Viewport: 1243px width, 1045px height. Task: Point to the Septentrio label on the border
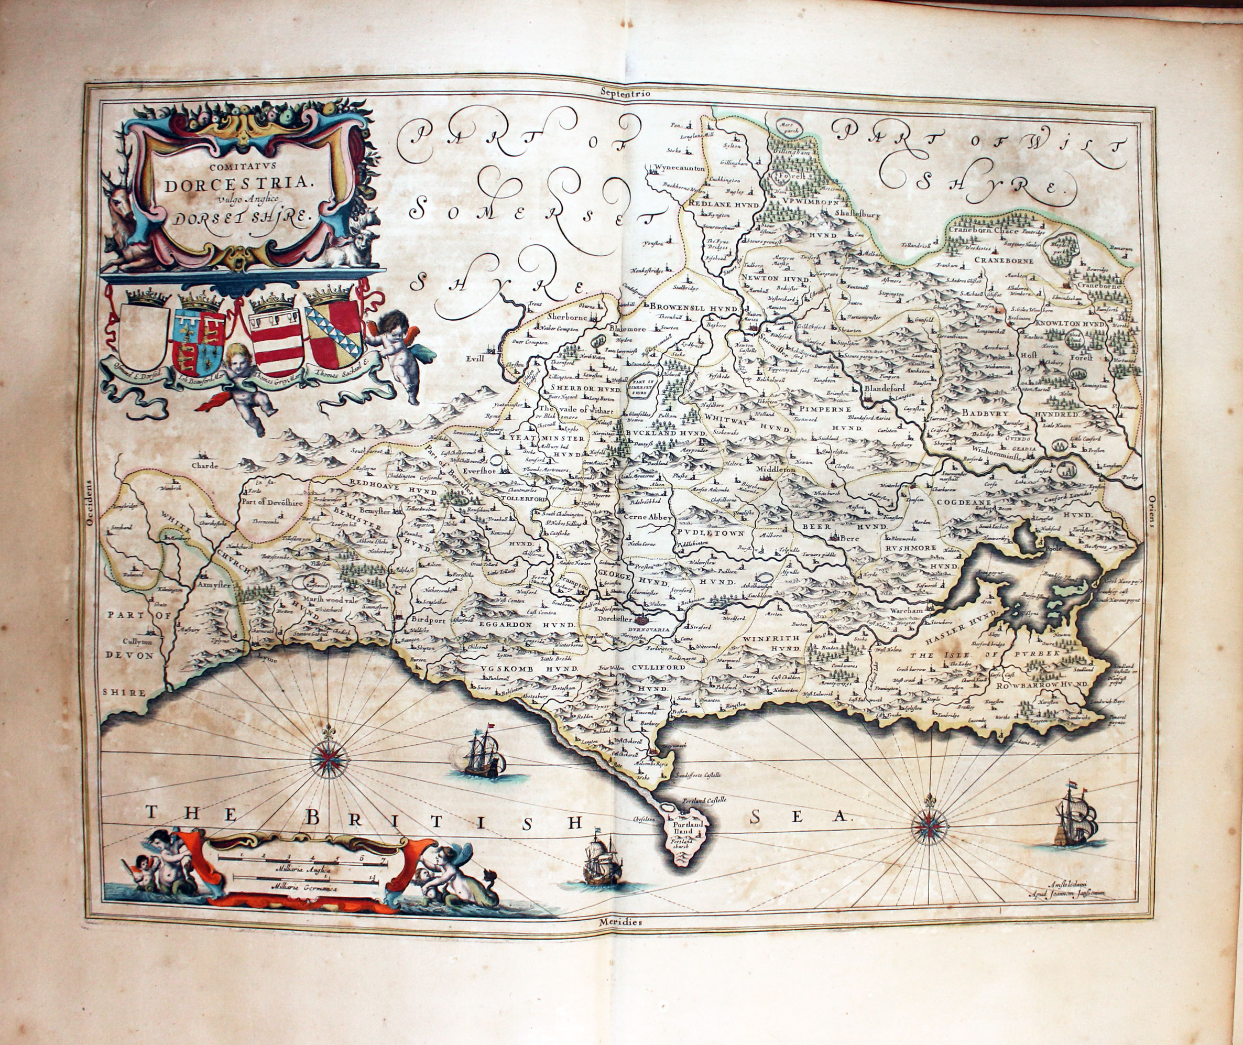pos(625,92)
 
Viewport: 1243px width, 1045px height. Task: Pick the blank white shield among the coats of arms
pos(144,336)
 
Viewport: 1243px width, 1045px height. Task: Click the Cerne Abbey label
pos(649,517)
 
